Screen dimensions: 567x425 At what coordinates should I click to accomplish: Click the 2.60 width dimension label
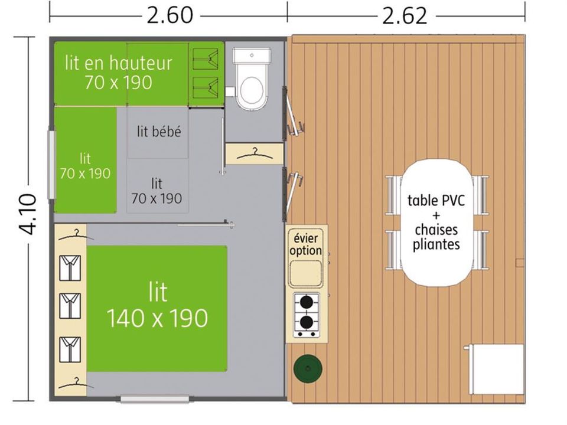point(170,15)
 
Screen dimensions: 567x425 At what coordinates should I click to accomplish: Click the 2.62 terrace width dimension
point(405,16)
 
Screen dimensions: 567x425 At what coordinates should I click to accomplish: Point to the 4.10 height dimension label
point(28,214)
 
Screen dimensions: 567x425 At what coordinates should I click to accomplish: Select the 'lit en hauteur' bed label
point(119,63)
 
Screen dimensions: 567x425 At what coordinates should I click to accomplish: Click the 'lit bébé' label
point(159,131)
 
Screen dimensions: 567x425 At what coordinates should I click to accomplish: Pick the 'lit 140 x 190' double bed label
point(158,305)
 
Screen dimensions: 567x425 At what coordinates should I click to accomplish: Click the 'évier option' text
point(306,244)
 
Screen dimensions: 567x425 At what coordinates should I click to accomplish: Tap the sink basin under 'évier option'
point(306,273)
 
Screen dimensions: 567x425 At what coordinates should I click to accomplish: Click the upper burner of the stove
point(307,302)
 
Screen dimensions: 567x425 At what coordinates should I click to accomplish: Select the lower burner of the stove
point(307,321)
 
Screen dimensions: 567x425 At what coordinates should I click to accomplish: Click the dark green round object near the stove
point(308,368)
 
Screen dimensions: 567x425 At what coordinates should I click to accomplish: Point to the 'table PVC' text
point(436,200)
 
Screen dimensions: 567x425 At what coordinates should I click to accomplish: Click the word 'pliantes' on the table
point(436,244)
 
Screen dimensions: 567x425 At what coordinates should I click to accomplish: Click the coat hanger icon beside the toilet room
point(254,154)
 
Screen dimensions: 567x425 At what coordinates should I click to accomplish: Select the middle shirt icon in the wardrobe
point(70,306)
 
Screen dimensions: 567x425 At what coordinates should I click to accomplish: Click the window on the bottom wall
point(155,399)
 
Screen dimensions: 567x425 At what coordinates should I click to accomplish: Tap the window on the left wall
point(52,165)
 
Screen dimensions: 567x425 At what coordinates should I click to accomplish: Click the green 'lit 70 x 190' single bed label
point(85,166)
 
